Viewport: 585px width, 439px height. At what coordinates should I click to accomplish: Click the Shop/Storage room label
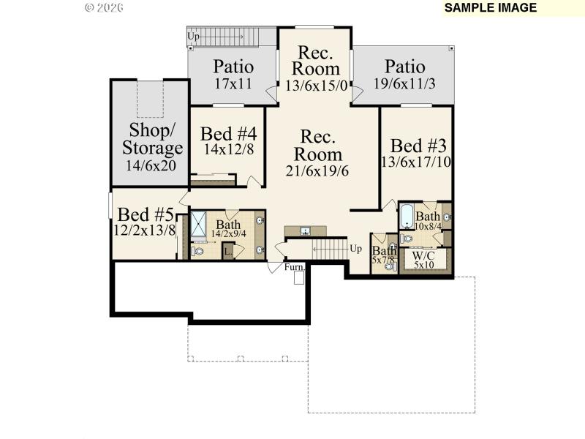(x=152, y=139)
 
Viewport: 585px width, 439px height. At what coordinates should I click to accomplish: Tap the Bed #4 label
(x=229, y=135)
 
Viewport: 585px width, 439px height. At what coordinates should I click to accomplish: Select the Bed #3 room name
(x=417, y=145)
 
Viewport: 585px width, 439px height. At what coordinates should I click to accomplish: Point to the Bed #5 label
(x=146, y=214)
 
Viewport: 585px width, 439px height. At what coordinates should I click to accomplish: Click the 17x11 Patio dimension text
(x=233, y=83)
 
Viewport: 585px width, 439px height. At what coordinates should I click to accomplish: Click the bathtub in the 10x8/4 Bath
(x=406, y=217)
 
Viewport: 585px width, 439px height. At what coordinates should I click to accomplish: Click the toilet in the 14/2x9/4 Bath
(x=197, y=251)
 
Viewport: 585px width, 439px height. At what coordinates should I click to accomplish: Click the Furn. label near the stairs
(x=294, y=267)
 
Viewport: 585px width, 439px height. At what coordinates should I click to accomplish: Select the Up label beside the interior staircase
(x=356, y=248)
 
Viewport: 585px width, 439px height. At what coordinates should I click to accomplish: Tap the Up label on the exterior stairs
(x=194, y=35)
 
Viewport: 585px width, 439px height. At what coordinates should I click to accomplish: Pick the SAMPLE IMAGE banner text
(x=491, y=8)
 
